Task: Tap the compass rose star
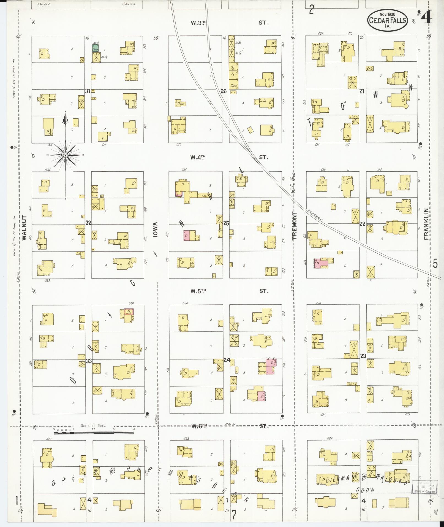pos(66,155)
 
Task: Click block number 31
pos(88,91)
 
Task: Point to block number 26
pos(224,91)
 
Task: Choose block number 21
pos(362,91)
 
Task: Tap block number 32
pos(88,223)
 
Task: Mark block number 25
pos(226,223)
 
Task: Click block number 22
pos(362,224)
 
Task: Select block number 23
pos(363,356)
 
